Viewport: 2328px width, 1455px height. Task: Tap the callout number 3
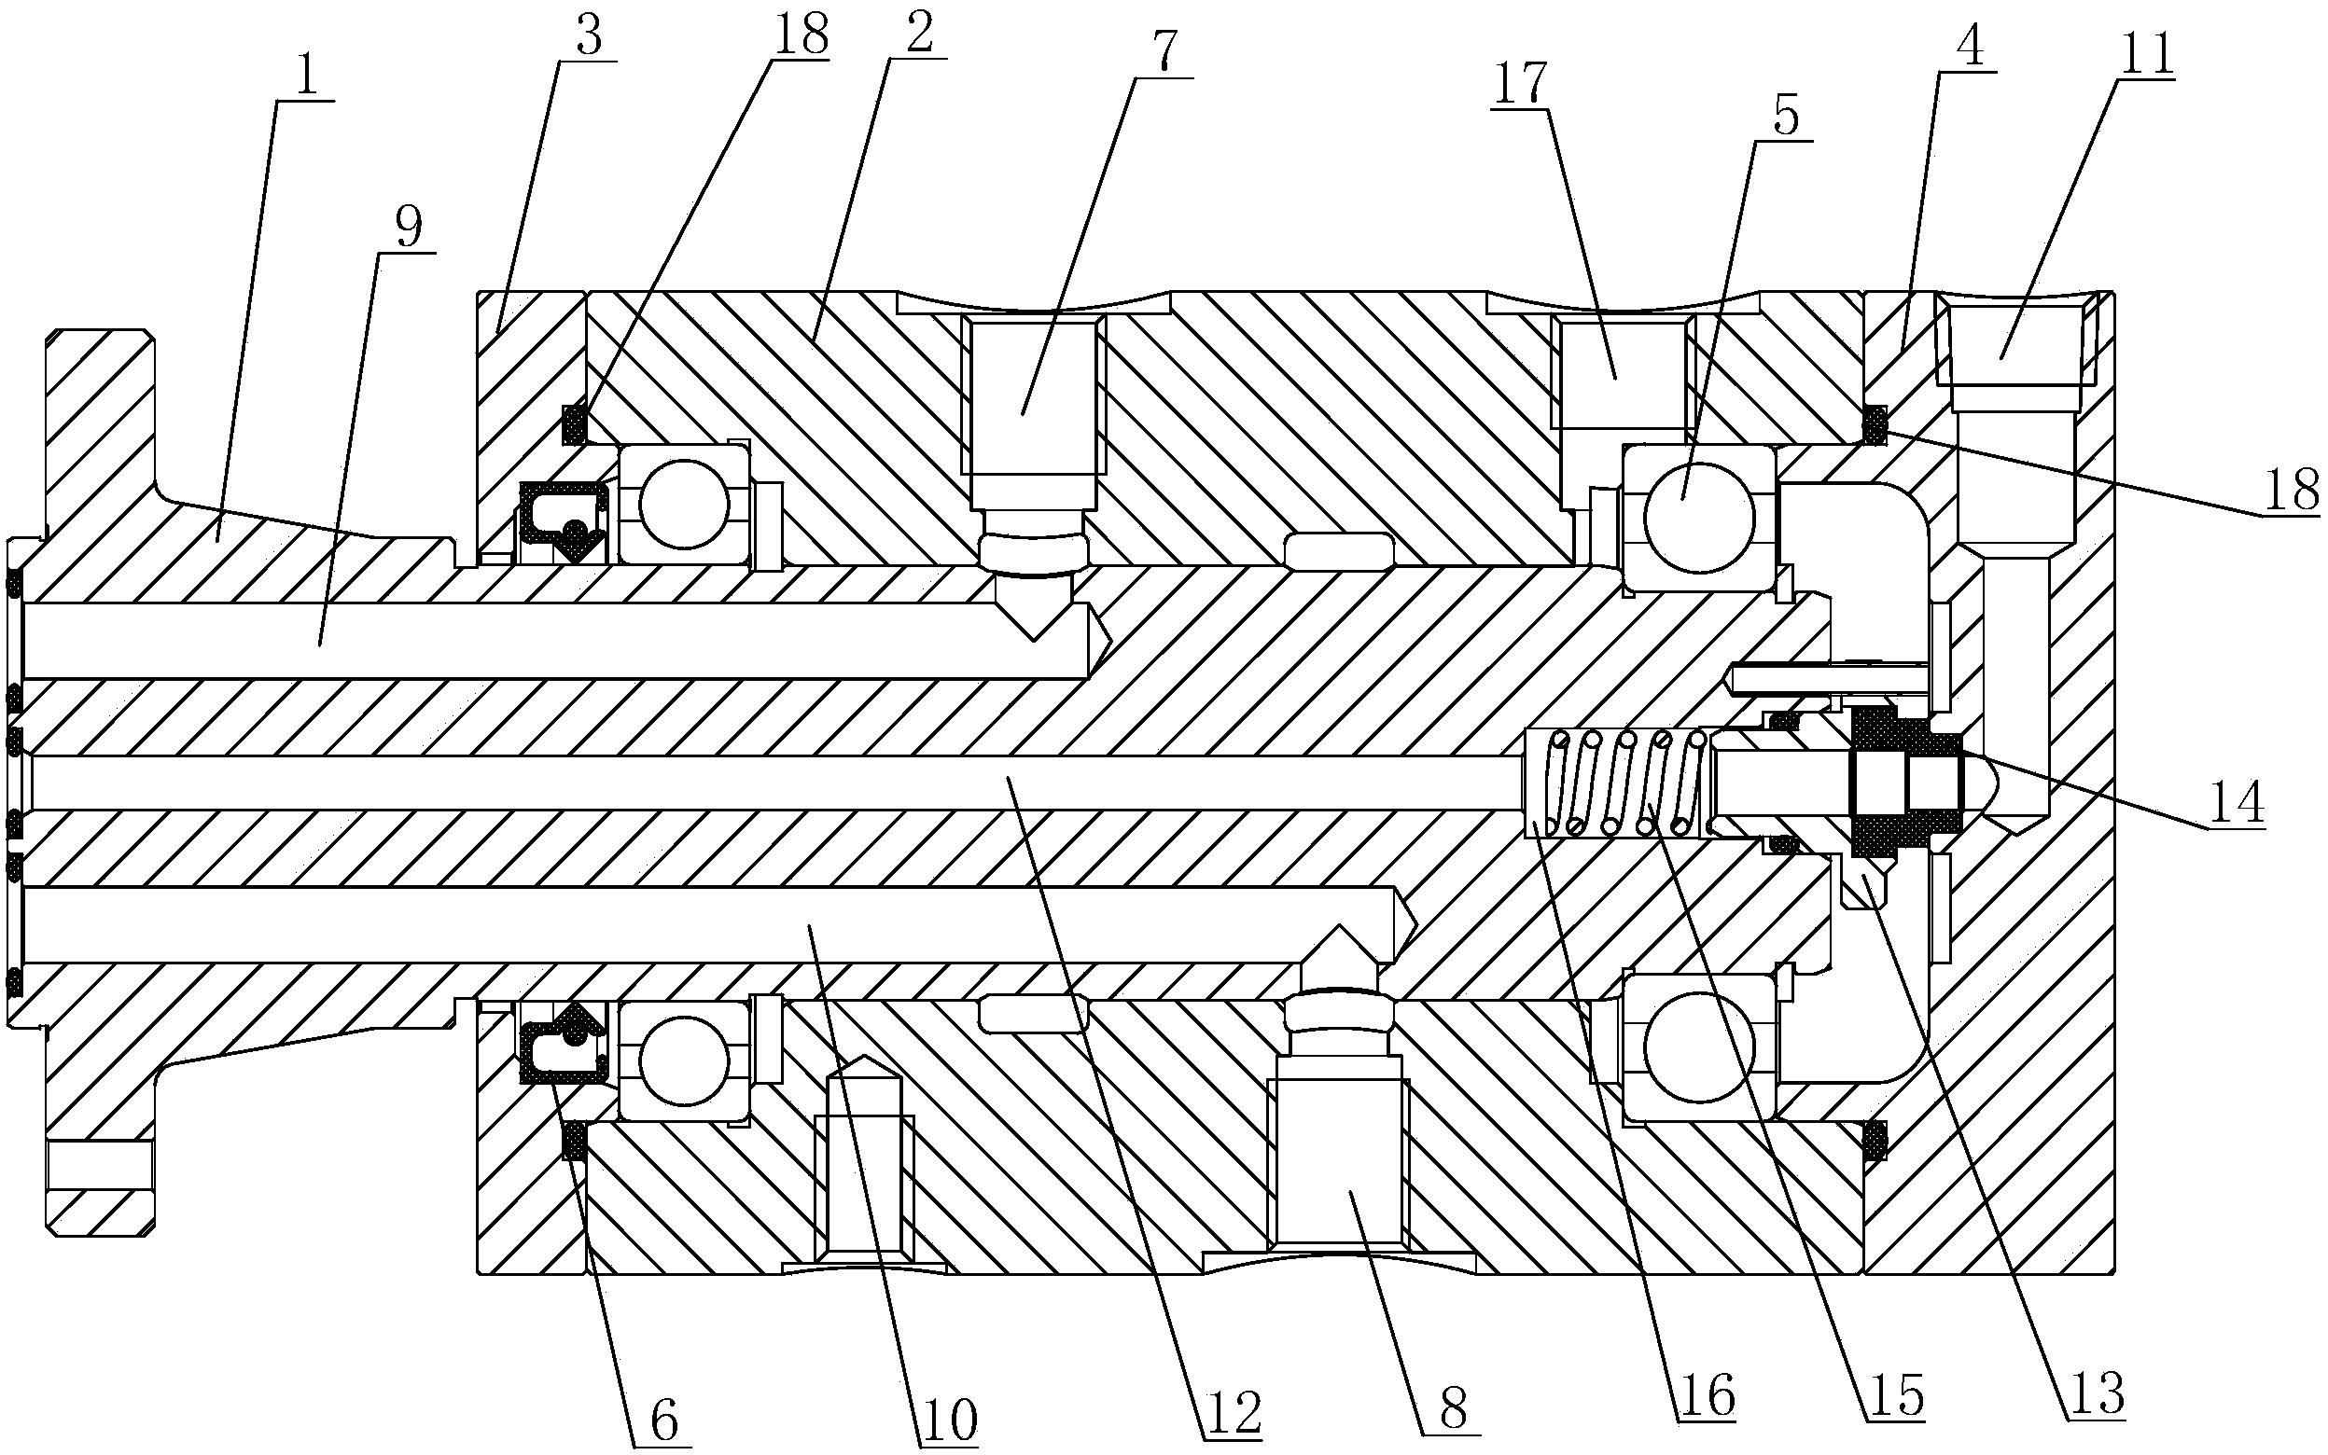[588, 37]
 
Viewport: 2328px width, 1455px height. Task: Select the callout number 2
[917, 35]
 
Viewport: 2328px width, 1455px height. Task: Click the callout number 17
[1524, 84]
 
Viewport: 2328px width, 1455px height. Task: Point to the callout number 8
[1453, 1407]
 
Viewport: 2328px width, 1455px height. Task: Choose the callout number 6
[663, 1419]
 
